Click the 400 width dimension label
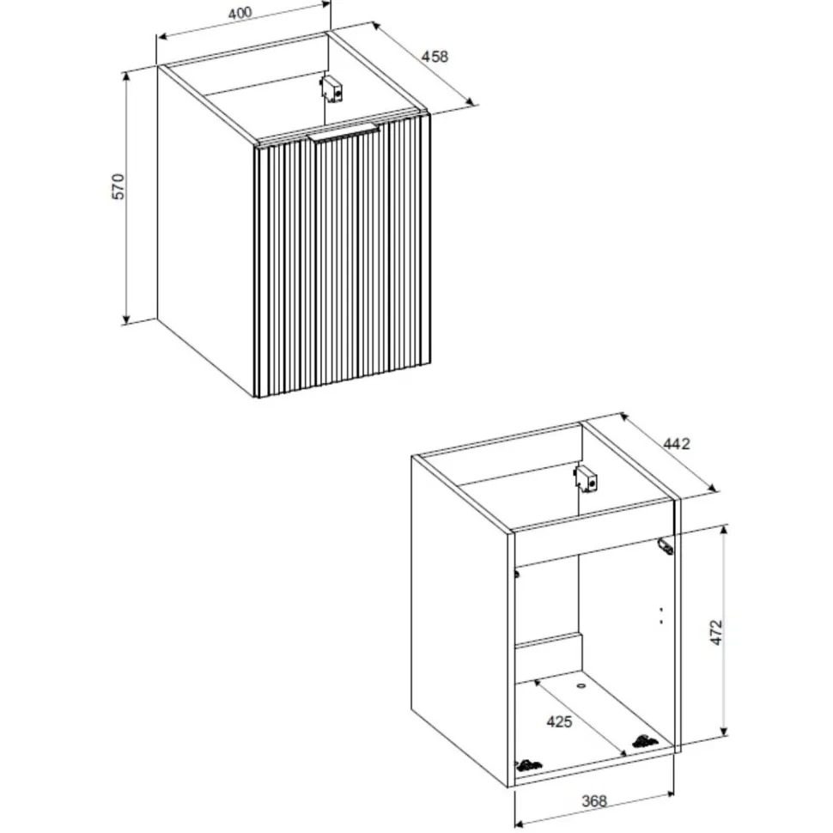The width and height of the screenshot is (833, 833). pos(240,13)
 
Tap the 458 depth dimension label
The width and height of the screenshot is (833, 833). pos(435,57)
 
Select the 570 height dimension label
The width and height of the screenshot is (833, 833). pos(118,186)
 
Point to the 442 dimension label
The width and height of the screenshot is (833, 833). pos(677,444)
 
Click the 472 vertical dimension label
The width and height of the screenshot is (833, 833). pos(717,632)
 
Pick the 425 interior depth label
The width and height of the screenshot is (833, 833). pos(559,721)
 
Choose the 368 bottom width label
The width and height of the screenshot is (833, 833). pos(594,800)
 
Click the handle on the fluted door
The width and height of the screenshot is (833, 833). pos(344,133)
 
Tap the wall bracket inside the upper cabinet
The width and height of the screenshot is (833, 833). pos(331,88)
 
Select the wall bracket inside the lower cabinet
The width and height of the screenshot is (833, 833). pos(586,479)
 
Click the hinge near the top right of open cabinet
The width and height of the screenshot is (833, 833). pos(666,546)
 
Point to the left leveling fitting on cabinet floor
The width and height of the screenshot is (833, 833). pos(529,765)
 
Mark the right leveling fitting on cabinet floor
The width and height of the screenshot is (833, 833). pos(644,741)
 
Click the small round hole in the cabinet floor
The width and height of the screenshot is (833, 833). pos(581,686)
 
